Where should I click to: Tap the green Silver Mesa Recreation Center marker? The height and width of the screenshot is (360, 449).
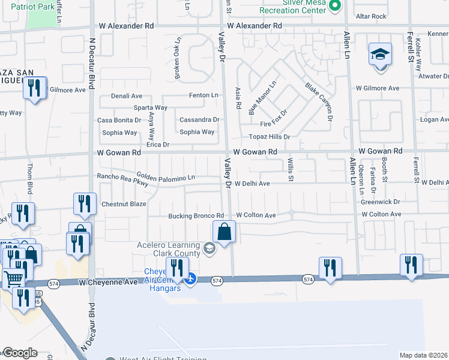tap(335, 7)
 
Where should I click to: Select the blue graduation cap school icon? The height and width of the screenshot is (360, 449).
tap(380, 55)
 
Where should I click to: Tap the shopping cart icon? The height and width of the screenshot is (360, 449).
tap(13, 279)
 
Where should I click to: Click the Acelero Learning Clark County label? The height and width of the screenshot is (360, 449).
tap(169, 249)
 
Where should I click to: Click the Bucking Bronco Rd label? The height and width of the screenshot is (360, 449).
tap(196, 215)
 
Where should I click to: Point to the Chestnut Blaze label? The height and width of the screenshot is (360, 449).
tap(124, 204)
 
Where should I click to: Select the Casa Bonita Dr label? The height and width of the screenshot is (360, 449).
tap(120, 121)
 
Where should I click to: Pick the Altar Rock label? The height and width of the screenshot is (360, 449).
tap(371, 16)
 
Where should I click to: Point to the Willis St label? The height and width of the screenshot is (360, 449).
tap(291, 169)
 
